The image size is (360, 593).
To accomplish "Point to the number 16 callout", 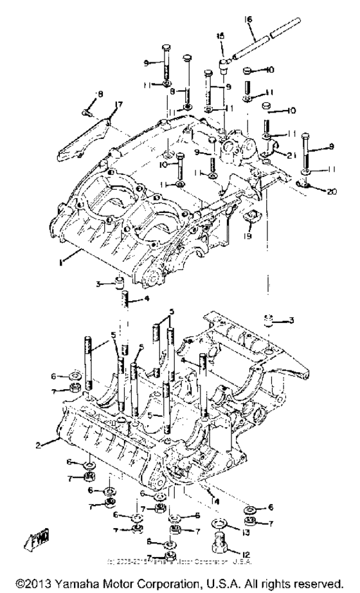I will pyautogui.click(x=248, y=20).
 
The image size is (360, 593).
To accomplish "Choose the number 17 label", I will pyautogui.click(x=118, y=105).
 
